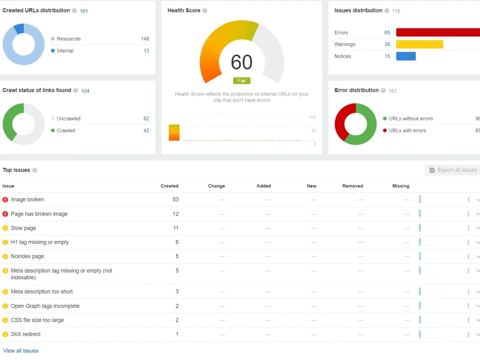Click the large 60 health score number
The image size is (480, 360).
(x=241, y=62)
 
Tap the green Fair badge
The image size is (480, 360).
(x=242, y=81)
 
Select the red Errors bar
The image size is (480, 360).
(x=438, y=33)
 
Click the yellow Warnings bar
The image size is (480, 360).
(x=420, y=44)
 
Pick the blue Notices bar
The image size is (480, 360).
(x=406, y=56)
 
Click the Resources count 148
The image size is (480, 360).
(x=145, y=39)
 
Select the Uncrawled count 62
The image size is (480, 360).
(x=146, y=119)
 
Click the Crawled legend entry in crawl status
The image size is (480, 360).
(x=63, y=131)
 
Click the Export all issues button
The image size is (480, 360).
(x=453, y=170)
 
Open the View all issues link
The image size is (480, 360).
(x=21, y=351)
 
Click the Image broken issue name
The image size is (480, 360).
(x=27, y=200)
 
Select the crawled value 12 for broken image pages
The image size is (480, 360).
(x=175, y=214)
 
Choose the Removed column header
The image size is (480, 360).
(x=353, y=186)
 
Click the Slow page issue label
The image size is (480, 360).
(x=23, y=228)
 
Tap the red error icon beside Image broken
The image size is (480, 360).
(x=5, y=200)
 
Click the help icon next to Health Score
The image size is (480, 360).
(x=205, y=11)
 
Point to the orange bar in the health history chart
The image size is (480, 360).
(x=174, y=132)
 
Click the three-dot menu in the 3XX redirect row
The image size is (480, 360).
(x=468, y=334)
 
